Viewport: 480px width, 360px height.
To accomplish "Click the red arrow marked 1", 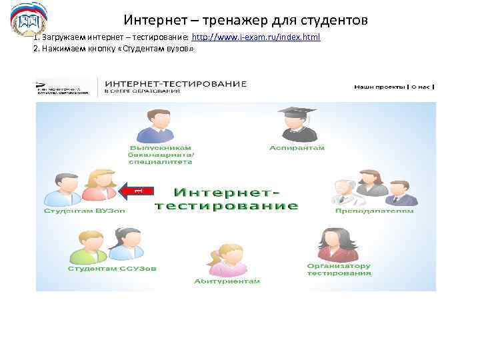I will click(x=136, y=191).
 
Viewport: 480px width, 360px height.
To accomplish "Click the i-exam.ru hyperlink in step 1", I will click(x=256, y=37).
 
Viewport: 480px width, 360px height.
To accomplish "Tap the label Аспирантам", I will click(x=297, y=147).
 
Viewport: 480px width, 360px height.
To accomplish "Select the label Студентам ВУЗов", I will click(x=85, y=211).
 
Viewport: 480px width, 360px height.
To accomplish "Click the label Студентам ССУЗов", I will click(x=112, y=269).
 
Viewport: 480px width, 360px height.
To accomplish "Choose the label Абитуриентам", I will click(x=226, y=281).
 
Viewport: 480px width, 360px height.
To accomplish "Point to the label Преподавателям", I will click(x=374, y=211).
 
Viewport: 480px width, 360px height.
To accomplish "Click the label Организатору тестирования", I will click(x=339, y=269).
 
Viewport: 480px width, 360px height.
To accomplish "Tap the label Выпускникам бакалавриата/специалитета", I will click(x=161, y=154).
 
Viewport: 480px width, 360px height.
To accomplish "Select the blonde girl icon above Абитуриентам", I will click(x=225, y=260).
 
